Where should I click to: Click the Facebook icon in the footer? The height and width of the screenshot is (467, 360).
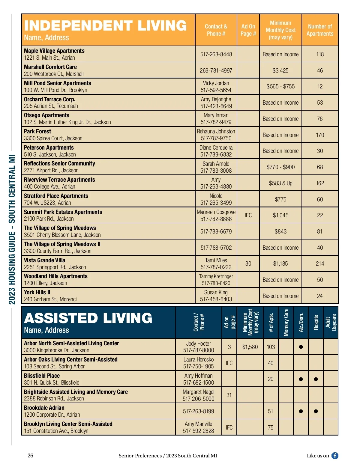(335, 456)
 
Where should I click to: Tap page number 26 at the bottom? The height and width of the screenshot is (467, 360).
(30, 456)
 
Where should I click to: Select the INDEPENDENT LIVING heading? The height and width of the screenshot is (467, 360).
(105, 25)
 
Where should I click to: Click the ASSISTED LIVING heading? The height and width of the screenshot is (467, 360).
(88, 318)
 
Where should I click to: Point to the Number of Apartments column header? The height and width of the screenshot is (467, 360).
(320, 30)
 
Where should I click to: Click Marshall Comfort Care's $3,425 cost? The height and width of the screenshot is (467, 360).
(280, 70)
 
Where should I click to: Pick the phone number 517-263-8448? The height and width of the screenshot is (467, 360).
(216, 54)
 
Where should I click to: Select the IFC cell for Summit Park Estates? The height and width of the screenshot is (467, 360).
(248, 215)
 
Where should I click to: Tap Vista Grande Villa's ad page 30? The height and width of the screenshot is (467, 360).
(248, 263)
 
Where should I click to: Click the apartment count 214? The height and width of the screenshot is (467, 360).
(320, 263)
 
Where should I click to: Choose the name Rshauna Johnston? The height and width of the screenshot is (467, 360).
(216, 131)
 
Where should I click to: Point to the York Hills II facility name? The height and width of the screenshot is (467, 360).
(37, 292)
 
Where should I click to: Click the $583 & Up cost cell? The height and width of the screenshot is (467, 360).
(280, 183)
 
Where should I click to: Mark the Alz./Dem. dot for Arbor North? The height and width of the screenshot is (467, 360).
(301, 347)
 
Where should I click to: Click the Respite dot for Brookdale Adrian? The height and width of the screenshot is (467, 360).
(316, 411)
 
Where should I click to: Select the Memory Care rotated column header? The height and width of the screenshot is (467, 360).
(286, 322)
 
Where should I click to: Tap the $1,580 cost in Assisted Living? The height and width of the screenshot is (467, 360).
(250, 347)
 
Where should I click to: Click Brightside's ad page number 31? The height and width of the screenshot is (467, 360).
(229, 395)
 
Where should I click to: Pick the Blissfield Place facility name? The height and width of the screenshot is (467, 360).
(42, 376)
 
